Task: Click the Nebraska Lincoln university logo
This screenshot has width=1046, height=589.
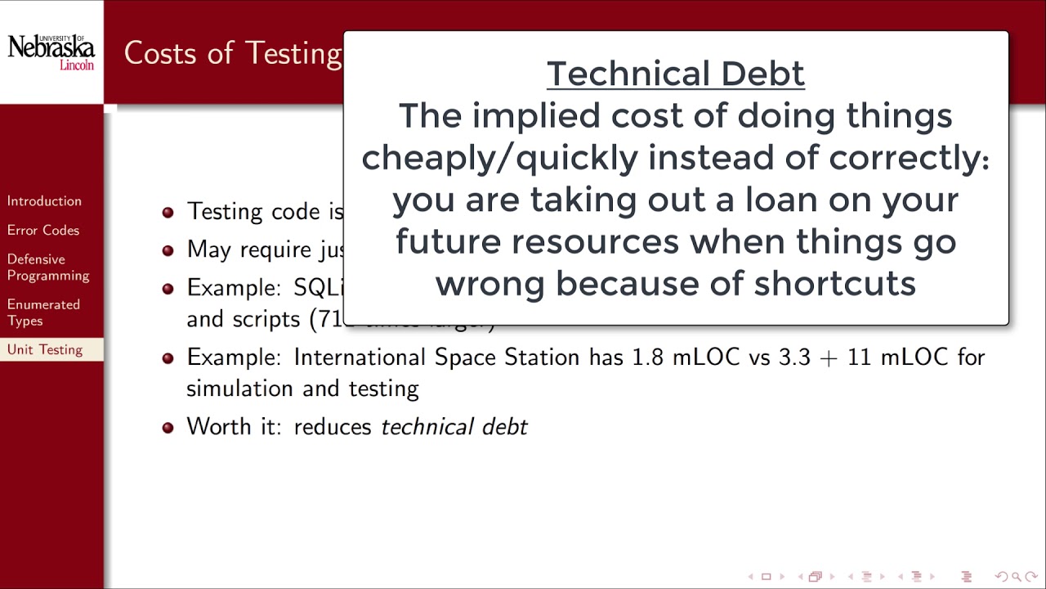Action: point(51,52)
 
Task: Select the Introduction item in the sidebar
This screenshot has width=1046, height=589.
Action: point(44,201)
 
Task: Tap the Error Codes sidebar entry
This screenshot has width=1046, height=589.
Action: point(43,231)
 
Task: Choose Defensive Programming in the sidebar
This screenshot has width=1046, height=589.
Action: point(48,268)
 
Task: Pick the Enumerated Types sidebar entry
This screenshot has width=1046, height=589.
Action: point(43,312)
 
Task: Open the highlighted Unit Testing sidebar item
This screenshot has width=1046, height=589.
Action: point(45,350)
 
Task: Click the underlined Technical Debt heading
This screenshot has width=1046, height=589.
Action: point(675,74)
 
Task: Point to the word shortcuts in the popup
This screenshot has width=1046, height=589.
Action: point(834,284)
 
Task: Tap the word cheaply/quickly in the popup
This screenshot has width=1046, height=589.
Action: point(499,158)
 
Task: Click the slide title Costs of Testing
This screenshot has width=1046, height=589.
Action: point(233,53)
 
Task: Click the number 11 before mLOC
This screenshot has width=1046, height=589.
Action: point(859,357)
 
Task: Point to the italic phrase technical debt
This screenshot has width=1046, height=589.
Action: point(454,427)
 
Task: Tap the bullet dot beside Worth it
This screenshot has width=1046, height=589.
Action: point(168,427)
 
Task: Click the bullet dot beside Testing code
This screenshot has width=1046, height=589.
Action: point(168,212)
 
